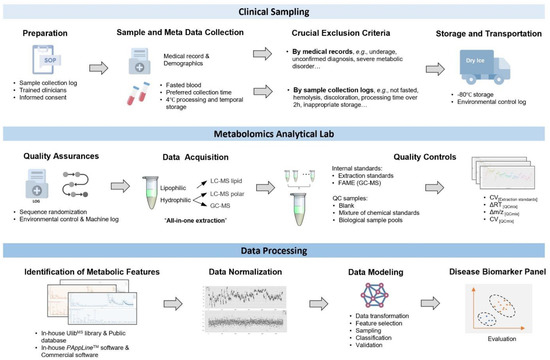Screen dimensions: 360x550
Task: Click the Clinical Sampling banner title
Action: (x=274, y=11)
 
